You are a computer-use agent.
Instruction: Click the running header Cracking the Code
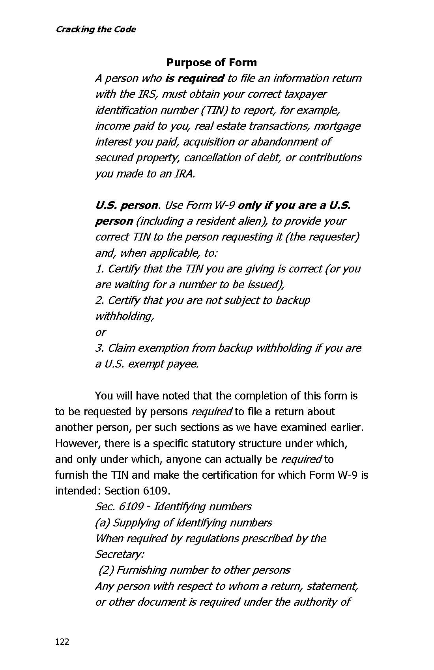[x=95, y=29]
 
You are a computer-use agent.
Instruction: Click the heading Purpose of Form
[x=211, y=62]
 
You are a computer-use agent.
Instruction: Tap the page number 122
[x=62, y=642]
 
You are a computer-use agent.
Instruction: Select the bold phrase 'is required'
[x=195, y=78]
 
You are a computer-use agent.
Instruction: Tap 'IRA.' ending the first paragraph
[x=185, y=174]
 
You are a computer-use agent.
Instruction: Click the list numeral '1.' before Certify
[x=99, y=269]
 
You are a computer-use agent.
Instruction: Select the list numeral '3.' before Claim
[x=100, y=348]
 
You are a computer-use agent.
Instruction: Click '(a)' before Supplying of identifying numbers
[x=102, y=523]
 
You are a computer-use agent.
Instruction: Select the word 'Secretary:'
[x=120, y=554]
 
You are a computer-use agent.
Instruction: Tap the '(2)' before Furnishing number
[x=106, y=570]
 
